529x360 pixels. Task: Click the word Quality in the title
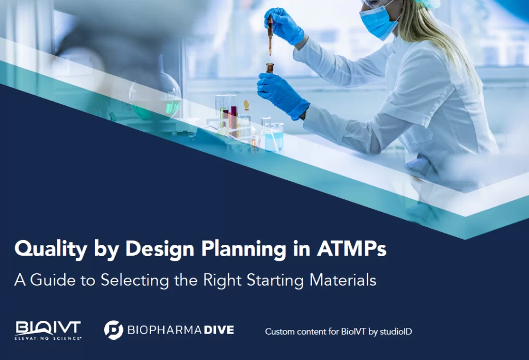coord(51,249)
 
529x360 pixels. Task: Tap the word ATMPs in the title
coord(351,248)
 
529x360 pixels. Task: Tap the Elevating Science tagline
coord(48,338)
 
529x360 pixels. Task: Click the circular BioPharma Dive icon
coord(113,330)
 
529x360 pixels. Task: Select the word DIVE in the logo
coord(219,330)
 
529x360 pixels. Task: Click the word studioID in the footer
coord(396,332)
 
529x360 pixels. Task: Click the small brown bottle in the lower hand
coord(270,68)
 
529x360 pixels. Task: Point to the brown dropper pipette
coord(270,36)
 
